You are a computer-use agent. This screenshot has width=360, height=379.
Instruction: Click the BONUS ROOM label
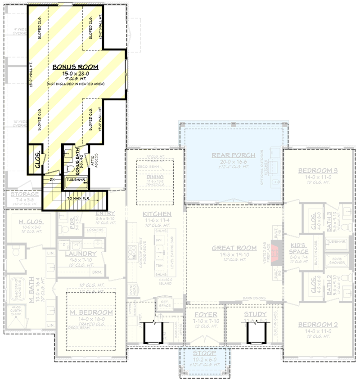click(75, 67)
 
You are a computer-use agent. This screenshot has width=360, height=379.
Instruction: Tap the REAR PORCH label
click(234, 155)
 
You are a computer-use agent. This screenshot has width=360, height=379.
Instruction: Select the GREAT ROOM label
click(234, 248)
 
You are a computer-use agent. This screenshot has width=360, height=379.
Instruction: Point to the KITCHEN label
click(157, 214)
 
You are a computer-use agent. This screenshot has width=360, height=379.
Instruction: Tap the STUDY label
click(255, 314)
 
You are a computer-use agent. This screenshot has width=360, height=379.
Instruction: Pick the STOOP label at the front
click(204, 354)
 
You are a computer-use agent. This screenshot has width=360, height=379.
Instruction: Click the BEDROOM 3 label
click(318, 170)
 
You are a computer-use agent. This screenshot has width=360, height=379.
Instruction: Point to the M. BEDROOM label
click(91, 312)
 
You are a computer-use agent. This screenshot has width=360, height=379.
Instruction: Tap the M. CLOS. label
click(30, 221)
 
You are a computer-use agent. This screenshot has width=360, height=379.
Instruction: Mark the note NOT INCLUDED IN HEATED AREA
click(75, 84)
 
